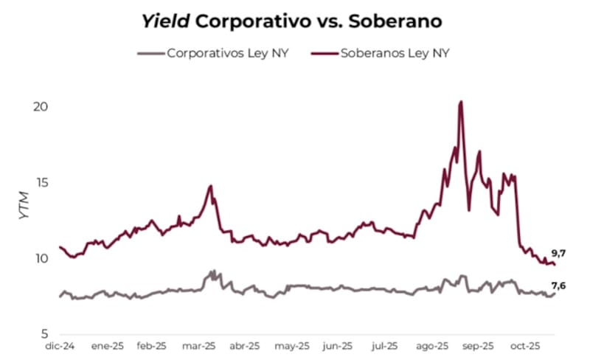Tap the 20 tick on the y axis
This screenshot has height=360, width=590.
41,106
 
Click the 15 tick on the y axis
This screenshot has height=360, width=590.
41,182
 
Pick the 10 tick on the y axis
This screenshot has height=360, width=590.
41,258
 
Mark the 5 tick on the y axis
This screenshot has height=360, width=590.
44,333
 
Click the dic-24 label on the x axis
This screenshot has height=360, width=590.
59,345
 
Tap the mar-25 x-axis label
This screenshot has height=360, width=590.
199,345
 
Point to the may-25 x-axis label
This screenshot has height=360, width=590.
291,345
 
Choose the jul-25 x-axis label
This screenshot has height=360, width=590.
385,345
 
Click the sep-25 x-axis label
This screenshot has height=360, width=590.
479,345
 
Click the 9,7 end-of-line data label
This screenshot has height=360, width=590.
558,253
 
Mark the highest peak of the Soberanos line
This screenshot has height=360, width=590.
460,102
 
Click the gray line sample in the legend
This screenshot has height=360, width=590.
150,53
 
